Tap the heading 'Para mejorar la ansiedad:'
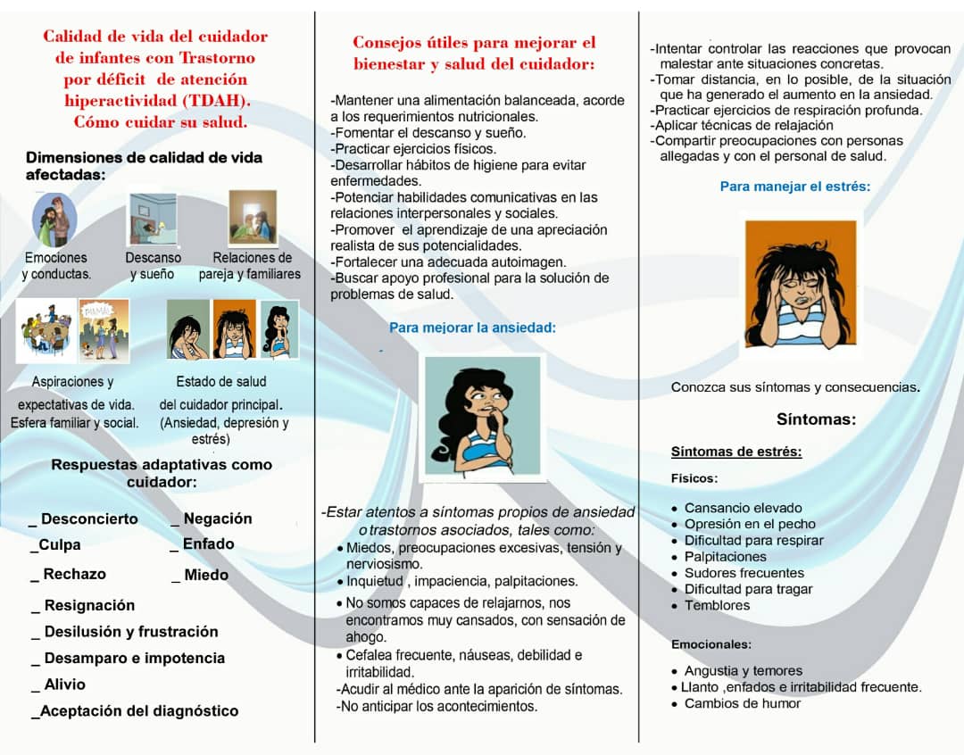pyautogui.click(x=472, y=328)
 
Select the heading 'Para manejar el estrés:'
pyautogui.click(x=794, y=187)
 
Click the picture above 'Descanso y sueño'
pyautogui.click(x=152, y=220)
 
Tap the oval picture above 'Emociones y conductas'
pyautogui.click(x=54, y=220)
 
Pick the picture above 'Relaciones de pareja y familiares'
pyautogui.click(x=252, y=218)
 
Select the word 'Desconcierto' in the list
pyautogui.click(x=89, y=519)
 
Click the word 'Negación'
pyautogui.click(x=218, y=519)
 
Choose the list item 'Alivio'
pyautogui.click(x=65, y=684)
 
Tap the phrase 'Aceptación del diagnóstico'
pyautogui.click(x=139, y=711)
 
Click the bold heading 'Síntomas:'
pyautogui.click(x=816, y=419)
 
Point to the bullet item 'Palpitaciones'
pyautogui.click(x=725, y=557)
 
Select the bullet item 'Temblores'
pyautogui.click(x=717, y=605)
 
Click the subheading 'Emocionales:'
pyautogui.click(x=711, y=644)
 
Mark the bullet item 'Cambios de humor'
pyautogui.click(x=743, y=703)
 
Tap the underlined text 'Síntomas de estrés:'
pyautogui.click(x=735, y=452)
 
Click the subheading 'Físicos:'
pyautogui.click(x=694, y=478)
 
